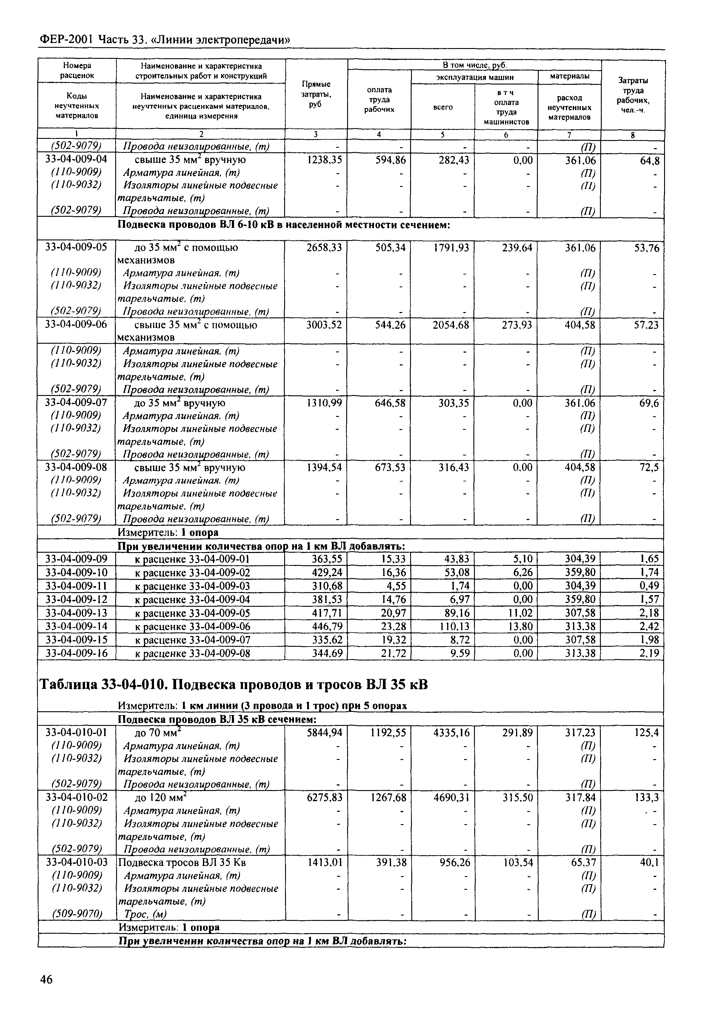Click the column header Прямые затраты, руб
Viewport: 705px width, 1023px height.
tap(316, 94)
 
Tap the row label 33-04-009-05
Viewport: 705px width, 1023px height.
tap(76, 248)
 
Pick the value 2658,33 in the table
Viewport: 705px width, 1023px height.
tap(324, 248)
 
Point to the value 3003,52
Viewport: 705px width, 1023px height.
tap(324, 325)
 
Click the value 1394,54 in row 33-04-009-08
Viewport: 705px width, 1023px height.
tap(324, 468)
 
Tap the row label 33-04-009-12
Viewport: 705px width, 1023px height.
tap(76, 600)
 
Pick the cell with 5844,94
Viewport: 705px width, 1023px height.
tap(324, 733)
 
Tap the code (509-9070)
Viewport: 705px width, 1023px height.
tap(76, 914)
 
